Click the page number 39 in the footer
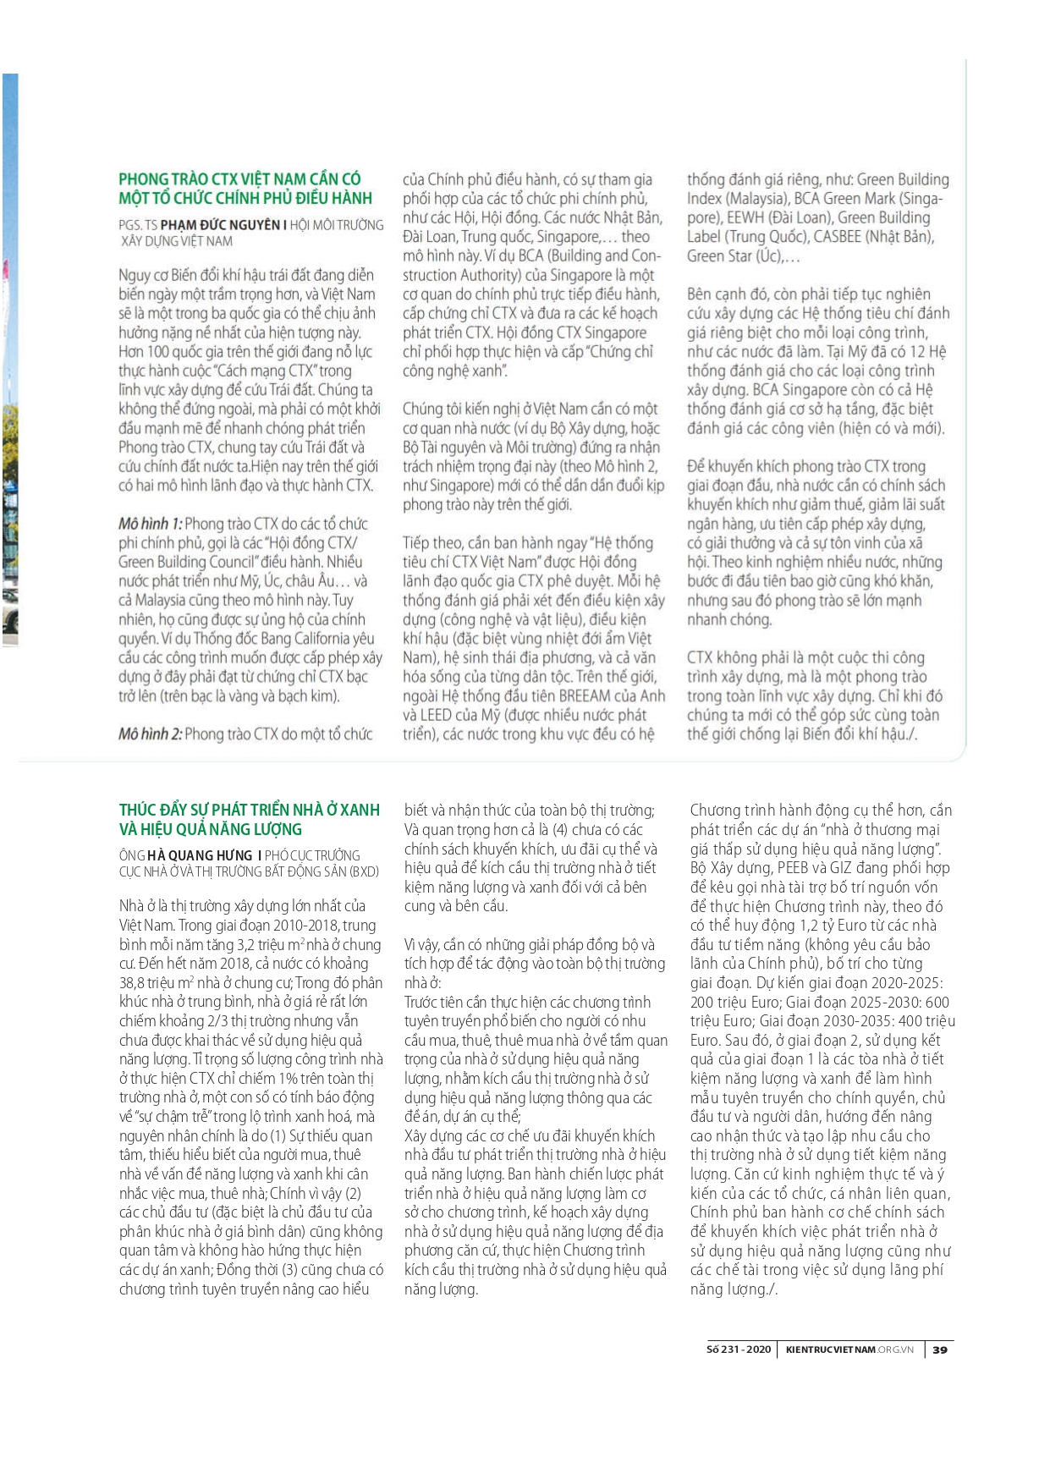click(x=940, y=1349)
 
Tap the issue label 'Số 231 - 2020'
click(x=739, y=1349)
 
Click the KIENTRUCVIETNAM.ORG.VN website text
click(x=849, y=1349)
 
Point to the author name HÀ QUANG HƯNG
click(x=200, y=855)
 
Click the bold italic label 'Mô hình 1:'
click(x=150, y=524)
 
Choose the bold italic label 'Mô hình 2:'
click(x=150, y=734)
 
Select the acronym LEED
click(x=436, y=716)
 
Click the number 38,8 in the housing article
click(x=135, y=983)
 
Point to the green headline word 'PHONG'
click(x=144, y=179)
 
